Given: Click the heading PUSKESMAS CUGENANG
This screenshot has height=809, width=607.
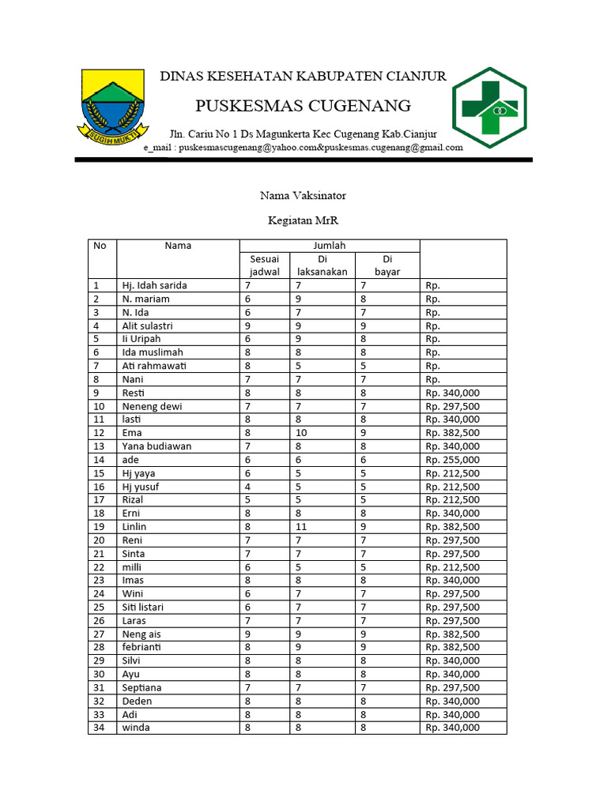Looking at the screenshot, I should (303, 105).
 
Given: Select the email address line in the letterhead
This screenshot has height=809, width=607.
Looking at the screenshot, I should (303, 147).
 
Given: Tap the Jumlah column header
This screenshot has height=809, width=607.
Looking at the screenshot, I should (329, 246).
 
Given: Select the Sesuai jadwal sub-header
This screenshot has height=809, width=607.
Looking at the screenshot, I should (265, 265).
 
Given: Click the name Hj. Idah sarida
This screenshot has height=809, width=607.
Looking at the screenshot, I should (154, 285).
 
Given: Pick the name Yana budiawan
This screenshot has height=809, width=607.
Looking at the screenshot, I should (156, 446).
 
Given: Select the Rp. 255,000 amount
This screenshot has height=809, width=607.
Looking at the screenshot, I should (452, 460).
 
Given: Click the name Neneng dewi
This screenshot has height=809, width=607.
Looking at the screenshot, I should (152, 406).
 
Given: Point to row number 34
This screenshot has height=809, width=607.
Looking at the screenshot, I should (99, 728).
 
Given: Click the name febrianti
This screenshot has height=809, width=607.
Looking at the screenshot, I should (141, 647).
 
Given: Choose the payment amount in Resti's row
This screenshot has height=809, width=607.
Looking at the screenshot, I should (452, 393).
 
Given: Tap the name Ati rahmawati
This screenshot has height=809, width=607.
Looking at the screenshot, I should (153, 366).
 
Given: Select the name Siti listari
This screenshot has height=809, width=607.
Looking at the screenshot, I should (149, 607).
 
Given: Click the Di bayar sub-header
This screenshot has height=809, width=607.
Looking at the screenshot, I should (387, 265).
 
